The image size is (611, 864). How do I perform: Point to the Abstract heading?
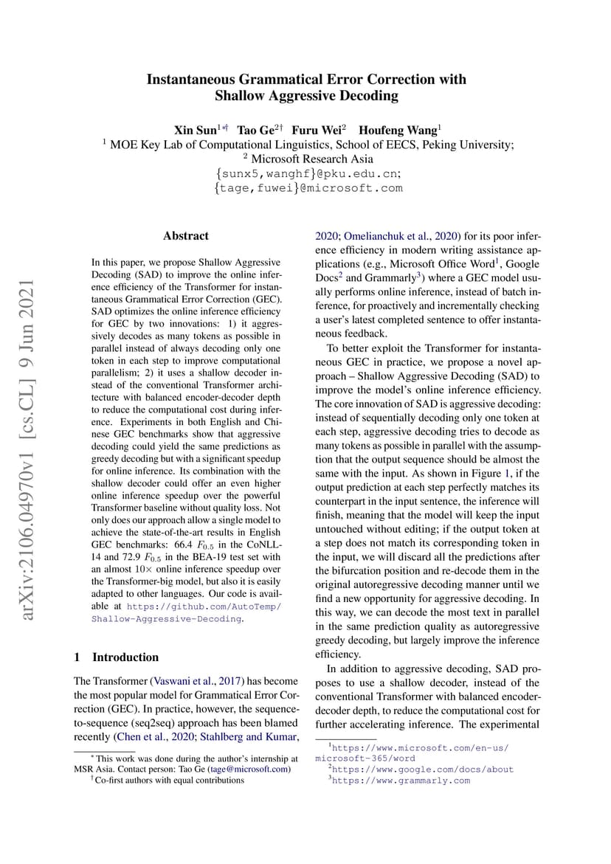click(x=186, y=236)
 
